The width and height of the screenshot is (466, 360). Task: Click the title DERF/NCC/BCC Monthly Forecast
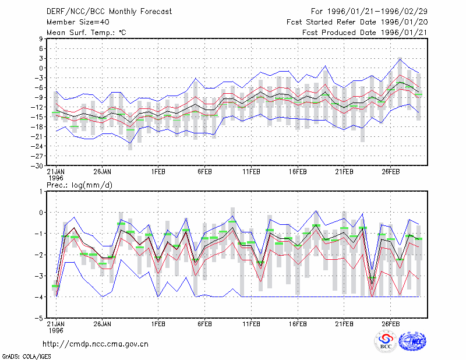109,12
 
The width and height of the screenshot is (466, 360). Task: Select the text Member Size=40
78,22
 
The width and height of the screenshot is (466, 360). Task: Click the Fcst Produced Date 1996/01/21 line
365,33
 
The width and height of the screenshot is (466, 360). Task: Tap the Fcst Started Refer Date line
357,22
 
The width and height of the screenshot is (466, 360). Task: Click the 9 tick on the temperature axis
41,38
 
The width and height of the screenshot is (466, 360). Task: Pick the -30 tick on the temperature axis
37,166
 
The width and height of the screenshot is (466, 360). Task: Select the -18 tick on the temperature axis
37,126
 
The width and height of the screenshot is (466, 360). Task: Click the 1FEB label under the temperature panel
158,172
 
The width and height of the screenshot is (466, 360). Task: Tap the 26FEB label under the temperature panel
390,172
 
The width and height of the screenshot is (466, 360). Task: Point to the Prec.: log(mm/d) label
80,185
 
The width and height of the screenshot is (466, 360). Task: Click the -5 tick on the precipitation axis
39,318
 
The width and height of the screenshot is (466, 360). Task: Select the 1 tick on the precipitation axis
41,192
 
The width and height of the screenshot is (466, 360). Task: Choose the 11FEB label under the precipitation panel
251,324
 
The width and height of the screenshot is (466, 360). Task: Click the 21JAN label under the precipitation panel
56,324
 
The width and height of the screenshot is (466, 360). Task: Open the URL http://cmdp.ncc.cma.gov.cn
96,344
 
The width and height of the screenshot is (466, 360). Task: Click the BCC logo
386,341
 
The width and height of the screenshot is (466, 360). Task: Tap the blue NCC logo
412,341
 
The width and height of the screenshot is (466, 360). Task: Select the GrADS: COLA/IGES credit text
26,357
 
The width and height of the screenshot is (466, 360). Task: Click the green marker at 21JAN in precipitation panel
55,286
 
